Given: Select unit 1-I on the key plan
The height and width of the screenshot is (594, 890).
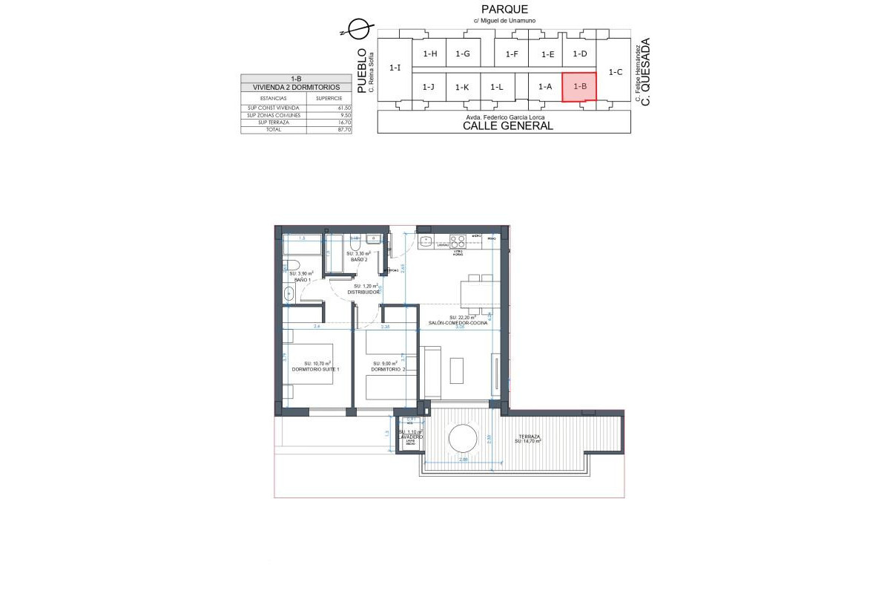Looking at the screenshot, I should (395, 68).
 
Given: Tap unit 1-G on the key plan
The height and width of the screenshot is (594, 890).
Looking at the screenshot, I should (463, 53).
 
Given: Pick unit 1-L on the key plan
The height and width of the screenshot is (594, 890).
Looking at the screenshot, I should (497, 87).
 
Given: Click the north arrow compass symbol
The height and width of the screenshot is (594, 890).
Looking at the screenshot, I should (357, 29).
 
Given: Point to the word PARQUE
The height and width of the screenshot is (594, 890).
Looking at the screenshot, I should (504, 9).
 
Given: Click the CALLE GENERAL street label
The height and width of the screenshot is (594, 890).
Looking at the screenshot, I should (507, 125).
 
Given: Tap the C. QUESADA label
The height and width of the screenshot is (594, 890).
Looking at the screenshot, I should (645, 72).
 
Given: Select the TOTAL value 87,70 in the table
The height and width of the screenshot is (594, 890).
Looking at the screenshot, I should (343, 129).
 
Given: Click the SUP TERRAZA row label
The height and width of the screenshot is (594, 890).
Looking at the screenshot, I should (263, 123).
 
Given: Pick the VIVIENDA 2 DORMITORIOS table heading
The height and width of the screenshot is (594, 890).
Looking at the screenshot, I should (296, 87).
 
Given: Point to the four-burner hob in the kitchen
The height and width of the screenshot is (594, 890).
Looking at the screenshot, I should (458, 241).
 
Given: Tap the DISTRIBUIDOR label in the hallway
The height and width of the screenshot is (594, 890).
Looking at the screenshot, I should (363, 292).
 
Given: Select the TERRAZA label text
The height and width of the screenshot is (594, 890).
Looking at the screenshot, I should (529, 436).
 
